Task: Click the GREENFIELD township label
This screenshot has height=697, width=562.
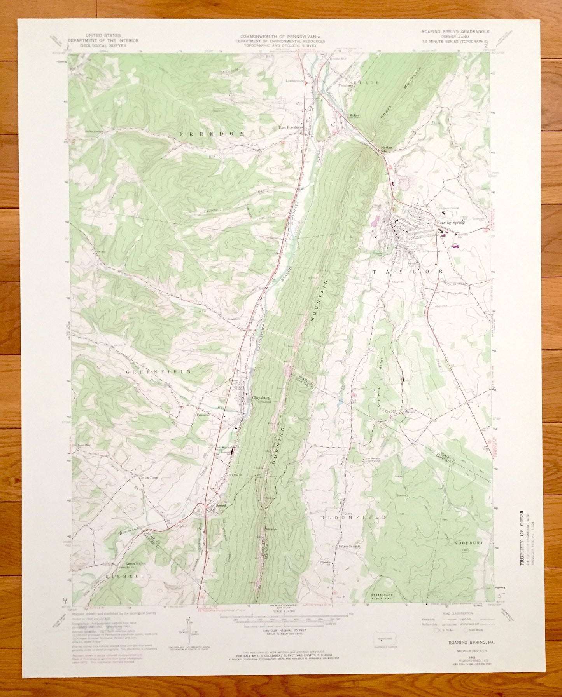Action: [158, 372]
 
